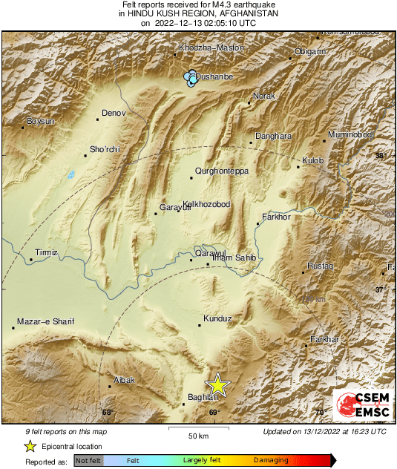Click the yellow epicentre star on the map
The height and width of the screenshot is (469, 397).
pos(217,384)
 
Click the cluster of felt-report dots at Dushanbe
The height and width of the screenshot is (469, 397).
pos(192,79)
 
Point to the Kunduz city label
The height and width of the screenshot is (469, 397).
pos(218,318)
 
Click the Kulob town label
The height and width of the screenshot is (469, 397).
pos(315,160)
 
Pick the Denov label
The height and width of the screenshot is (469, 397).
pos(114,114)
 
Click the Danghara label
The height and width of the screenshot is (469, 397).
pos(273,136)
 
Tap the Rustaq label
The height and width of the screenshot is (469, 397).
pos(321,266)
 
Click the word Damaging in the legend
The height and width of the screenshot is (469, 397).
pos(270,461)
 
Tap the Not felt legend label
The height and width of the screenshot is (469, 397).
pos(88,461)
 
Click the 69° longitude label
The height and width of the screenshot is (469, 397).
pos(214,413)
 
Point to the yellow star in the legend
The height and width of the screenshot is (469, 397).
pos(30,446)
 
